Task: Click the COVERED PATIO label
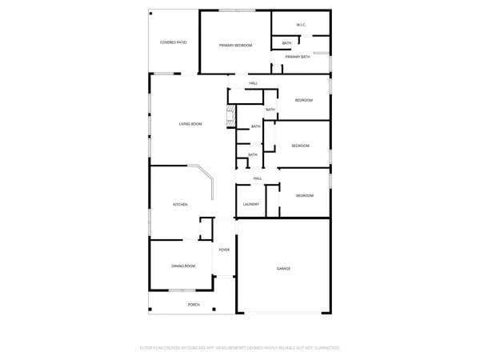[x=174, y=41]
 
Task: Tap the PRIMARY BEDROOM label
[x=236, y=46]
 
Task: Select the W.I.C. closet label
[x=301, y=25]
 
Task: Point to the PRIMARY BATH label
[x=298, y=57]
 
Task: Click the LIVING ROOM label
[x=190, y=124]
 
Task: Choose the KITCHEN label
[x=180, y=206]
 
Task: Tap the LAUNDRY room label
[x=250, y=205]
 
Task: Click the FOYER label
[x=225, y=250]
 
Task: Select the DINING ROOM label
[x=183, y=266]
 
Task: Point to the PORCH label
[x=194, y=305]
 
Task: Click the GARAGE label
[x=284, y=268]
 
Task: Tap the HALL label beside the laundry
[x=258, y=178]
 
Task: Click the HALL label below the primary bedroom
[x=253, y=83]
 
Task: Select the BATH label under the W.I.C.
[x=286, y=43]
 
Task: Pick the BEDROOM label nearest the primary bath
[x=303, y=100]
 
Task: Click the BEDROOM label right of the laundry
[x=305, y=196]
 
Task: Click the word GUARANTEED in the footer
[x=326, y=348]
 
